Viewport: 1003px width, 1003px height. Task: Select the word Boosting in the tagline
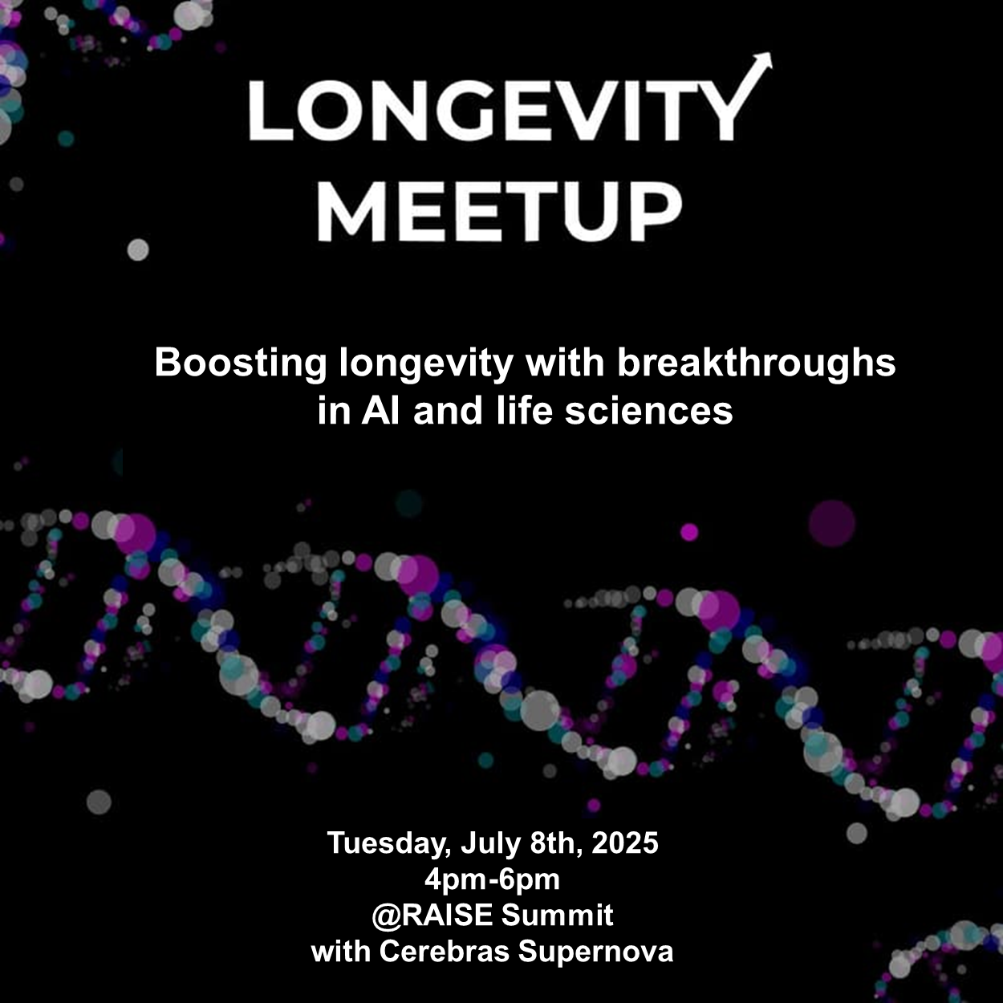point(241,364)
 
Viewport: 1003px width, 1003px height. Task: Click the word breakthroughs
point(757,364)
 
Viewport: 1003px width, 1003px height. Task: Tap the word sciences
point(649,411)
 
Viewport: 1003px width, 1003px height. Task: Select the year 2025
point(624,843)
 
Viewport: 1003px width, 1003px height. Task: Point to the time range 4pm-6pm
point(492,880)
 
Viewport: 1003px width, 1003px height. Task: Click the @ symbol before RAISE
point(386,916)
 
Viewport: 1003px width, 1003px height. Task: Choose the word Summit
point(557,916)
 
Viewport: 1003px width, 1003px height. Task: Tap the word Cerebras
point(444,952)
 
